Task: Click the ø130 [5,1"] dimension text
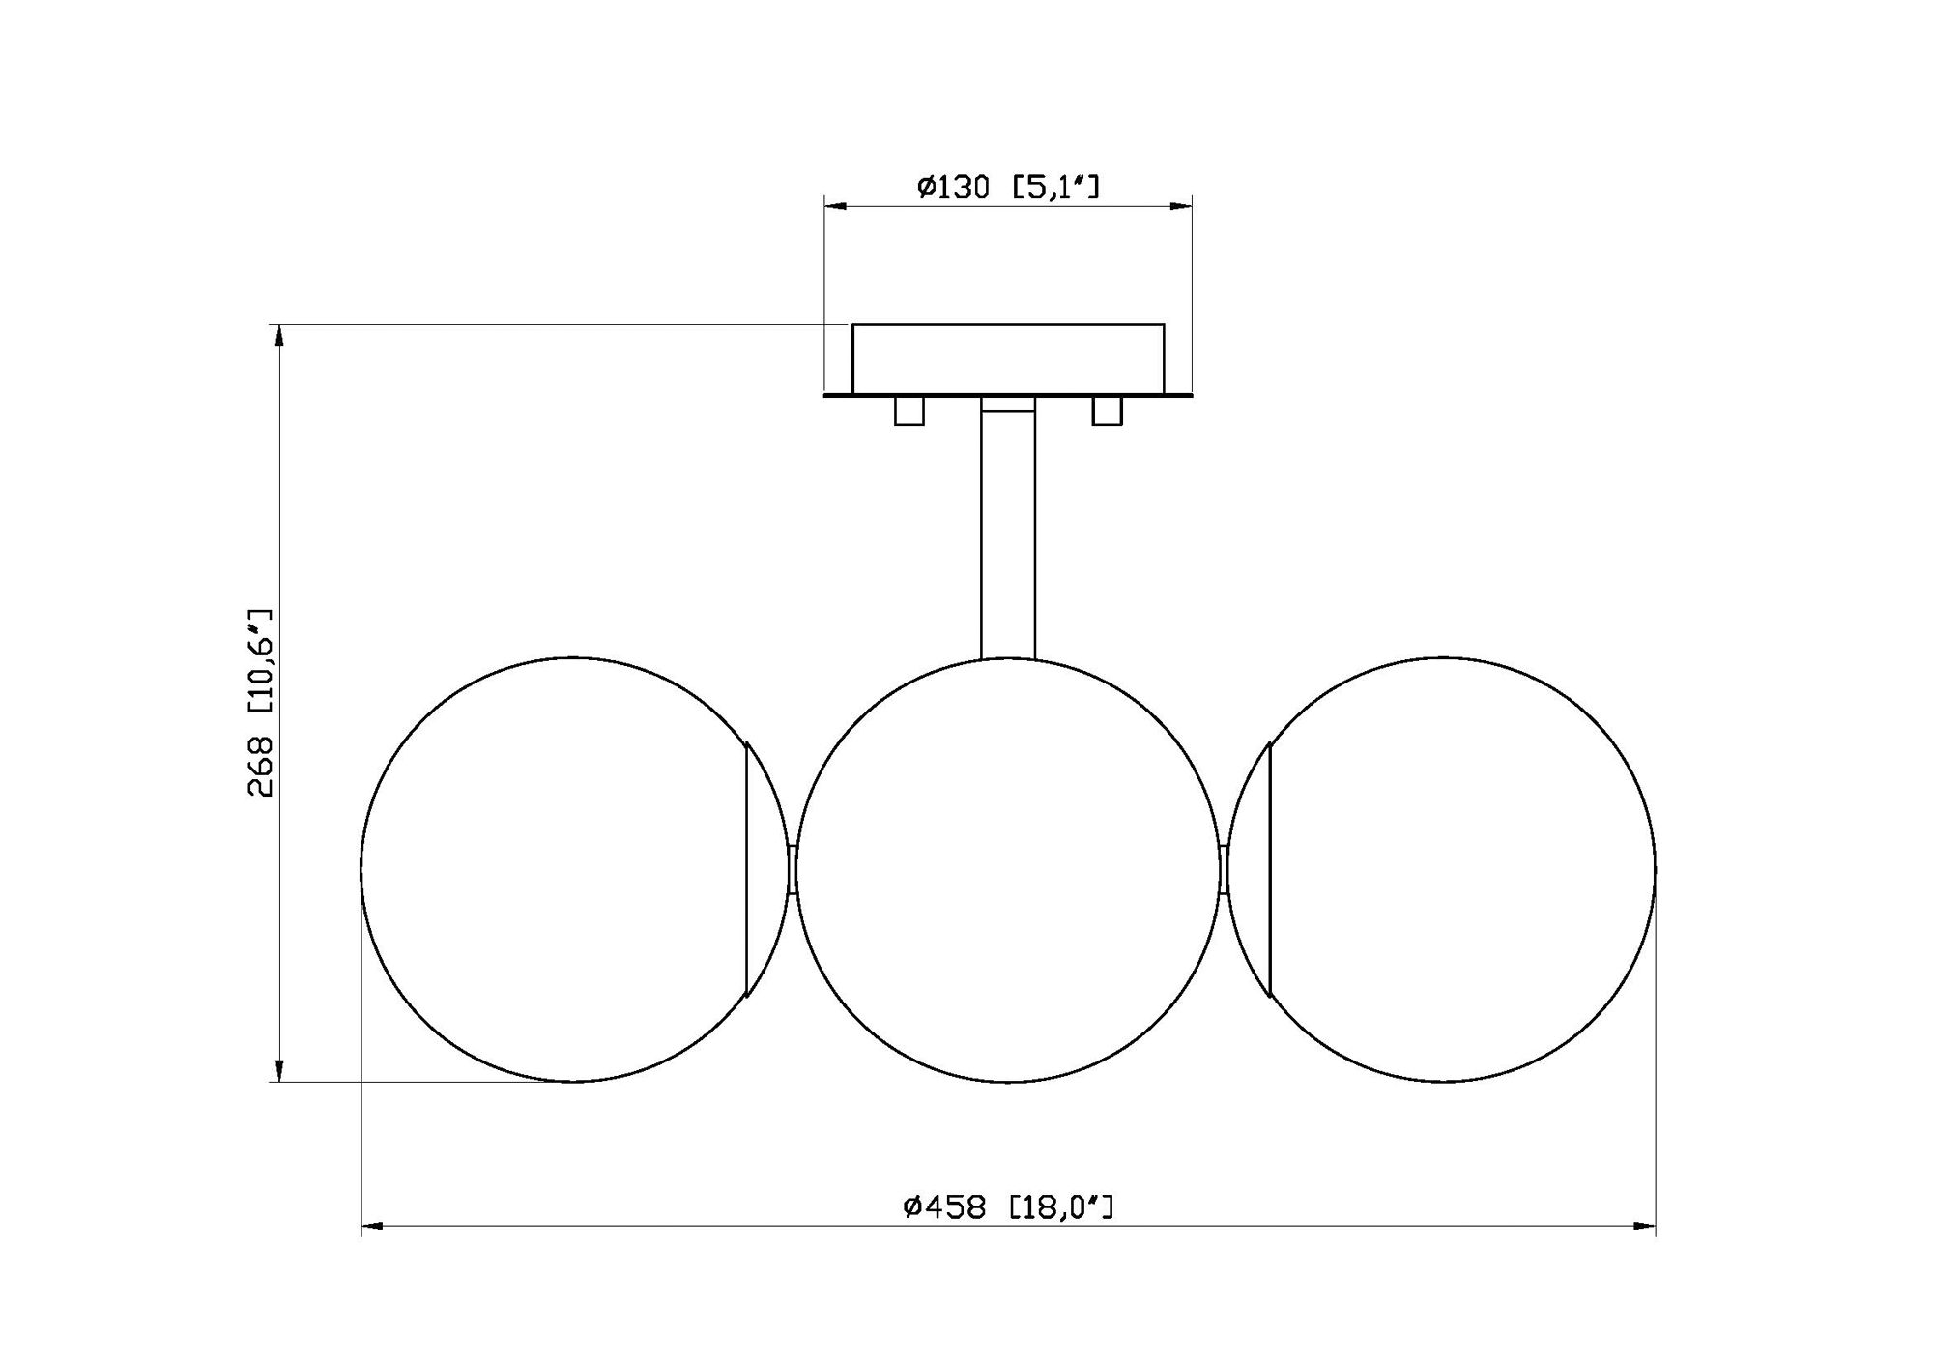[1008, 187]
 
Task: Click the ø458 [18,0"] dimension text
[1008, 1206]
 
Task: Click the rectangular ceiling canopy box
[1008, 359]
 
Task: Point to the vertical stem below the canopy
[1008, 532]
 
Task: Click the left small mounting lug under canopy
[909, 411]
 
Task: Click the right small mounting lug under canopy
[1107, 411]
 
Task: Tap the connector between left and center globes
[793, 869]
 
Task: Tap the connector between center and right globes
[1224, 869]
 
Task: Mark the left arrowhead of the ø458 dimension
[373, 1227]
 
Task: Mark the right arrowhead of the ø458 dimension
[1644, 1227]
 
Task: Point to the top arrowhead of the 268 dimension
[279, 335]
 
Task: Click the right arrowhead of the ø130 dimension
[1180, 206]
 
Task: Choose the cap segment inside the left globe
[764, 869]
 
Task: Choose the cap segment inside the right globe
[1253, 869]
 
